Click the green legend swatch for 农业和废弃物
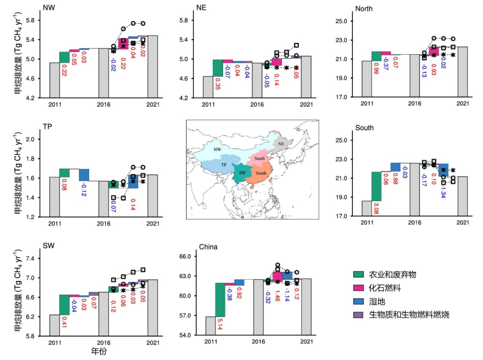point(359,275)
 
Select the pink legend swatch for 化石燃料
point(359,288)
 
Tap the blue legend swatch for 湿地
point(359,301)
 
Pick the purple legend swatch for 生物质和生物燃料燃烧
point(359,314)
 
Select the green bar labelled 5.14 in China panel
point(220,300)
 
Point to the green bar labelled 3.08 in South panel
point(376,186)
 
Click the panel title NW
point(48,8)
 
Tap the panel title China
point(208,247)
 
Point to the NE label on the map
point(282,143)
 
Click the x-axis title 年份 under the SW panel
point(103,351)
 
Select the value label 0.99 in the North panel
point(376,71)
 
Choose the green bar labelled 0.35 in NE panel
point(217,68)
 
